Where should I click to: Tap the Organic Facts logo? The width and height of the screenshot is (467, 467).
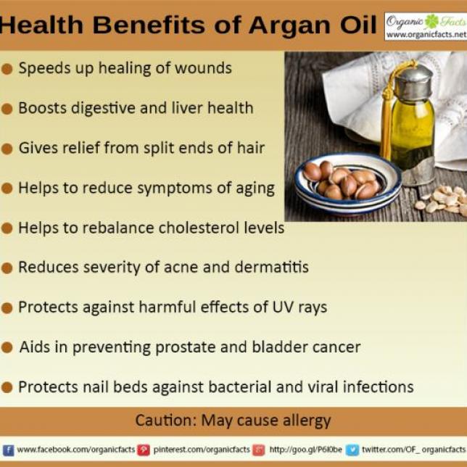pyautogui.click(x=426, y=26)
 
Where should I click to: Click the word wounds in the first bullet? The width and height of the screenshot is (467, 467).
pyautogui.click(x=203, y=68)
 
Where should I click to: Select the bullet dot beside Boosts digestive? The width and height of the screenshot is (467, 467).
pyautogui.click(x=7, y=109)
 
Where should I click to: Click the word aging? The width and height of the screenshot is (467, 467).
pyautogui.click(x=255, y=189)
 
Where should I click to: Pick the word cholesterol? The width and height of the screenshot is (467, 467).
pyautogui.click(x=199, y=228)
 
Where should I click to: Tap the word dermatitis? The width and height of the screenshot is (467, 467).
pyautogui.click(x=271, y=267)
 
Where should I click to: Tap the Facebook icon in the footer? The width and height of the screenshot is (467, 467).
pyautogui.click(x=9, y=450)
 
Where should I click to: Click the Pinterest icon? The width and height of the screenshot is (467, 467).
pyautogui.click(x=144, y=450)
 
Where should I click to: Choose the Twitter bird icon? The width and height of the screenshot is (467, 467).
pyautogui.click(x=352, y=450)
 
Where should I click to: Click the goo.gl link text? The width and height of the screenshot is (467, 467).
pyautogui.click(x=305, y=450)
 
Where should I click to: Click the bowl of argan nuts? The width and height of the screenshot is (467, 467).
pyautogui.click(x=347, y=183)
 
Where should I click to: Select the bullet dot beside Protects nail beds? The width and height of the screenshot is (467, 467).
pyautogui.click(x=7, y=387)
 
